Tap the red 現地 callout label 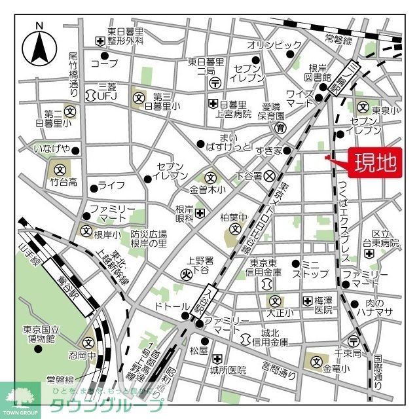pyautogui.click(x=375, y=163)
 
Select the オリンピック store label pyautogui.click(x=274, y=45)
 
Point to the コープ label pyautogui.click(x=104, y=64)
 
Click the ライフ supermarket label pyautogui.click(x=112, y=185)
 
